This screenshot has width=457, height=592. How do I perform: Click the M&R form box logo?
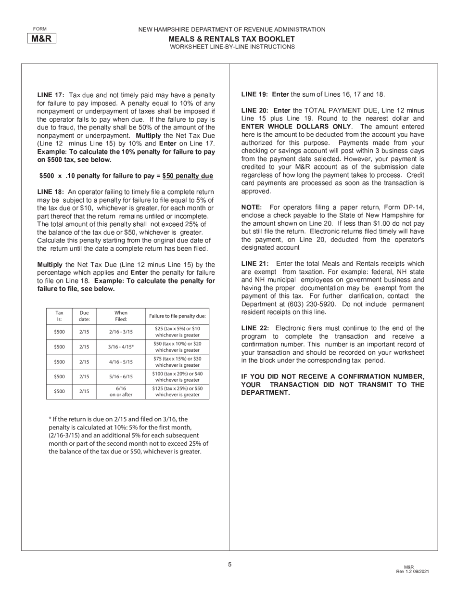coord(41,39)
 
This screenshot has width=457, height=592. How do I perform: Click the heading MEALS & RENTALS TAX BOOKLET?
coord(231,39)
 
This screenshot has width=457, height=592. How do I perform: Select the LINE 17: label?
coord(51,95)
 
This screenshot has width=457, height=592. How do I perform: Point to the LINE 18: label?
coord(51,192)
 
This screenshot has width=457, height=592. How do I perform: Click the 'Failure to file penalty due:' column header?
coord(177,316)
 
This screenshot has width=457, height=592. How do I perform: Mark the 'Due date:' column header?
coord(84,316)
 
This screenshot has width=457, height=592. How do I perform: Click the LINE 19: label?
coord(255,94)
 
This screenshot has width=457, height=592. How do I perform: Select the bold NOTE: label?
coord(252,207)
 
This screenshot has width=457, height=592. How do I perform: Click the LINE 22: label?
coord(255,328)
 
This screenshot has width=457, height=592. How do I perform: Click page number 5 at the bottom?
coord(229,565)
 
